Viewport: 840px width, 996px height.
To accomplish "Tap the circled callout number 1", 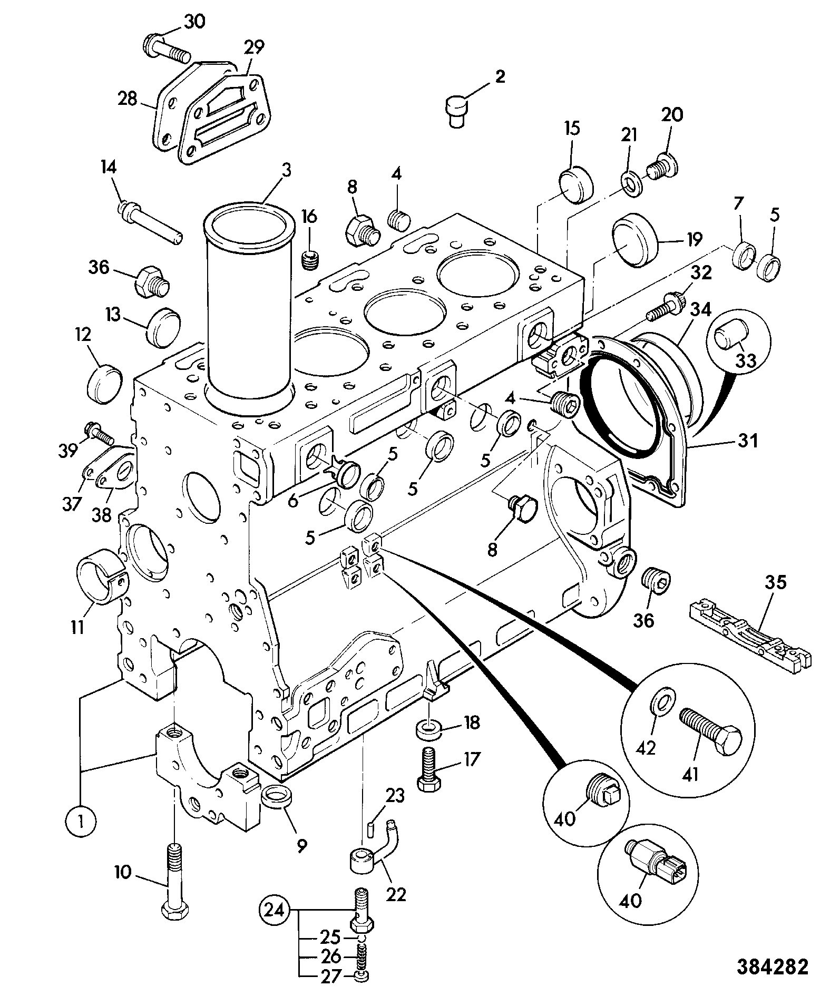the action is pos(81,821).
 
